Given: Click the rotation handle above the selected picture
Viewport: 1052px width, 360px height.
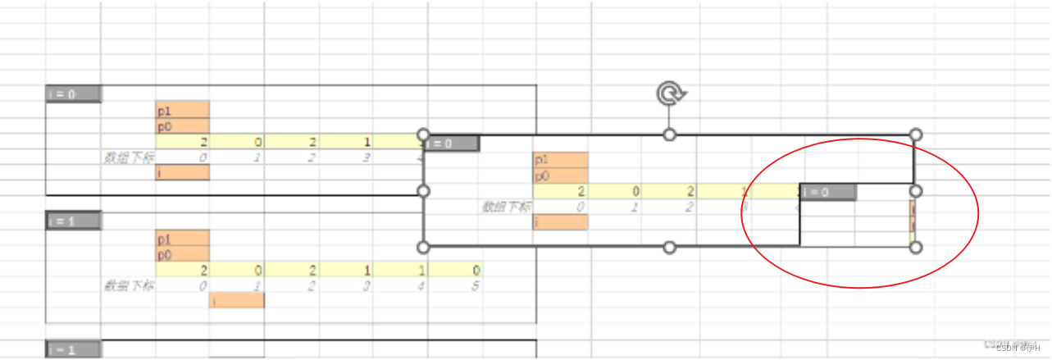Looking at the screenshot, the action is (670, 94).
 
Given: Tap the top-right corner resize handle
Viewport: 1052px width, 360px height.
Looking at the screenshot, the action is (916, 134).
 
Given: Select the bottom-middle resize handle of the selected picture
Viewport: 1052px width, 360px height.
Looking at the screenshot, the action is (670, 247).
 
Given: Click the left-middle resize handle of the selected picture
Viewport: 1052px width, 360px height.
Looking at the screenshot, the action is (424, 191).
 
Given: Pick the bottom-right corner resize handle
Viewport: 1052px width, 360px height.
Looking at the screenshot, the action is (916, 247).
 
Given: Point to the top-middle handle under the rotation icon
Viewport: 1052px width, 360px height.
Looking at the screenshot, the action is (670, 134).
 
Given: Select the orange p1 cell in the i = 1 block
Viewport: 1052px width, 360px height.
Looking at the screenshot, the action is (183, 239).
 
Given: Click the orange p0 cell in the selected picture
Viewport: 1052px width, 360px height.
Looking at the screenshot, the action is (560, 175).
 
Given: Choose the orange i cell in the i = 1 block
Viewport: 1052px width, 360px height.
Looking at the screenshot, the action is (237, 301).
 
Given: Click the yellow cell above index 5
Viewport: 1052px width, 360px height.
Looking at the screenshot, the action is (455, 271).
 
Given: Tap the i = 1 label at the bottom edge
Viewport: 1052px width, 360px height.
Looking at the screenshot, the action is (74, 349).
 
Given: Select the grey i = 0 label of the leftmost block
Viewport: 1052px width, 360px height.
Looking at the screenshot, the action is (74, 94).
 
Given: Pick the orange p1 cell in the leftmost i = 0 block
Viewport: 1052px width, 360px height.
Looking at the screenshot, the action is (183, 110).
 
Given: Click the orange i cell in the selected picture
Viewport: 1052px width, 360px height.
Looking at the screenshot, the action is (560, 222).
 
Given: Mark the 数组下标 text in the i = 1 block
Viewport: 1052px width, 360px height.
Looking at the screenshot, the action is (128, 286).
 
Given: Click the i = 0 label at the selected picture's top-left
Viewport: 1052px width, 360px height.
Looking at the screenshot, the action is (452, 144).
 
